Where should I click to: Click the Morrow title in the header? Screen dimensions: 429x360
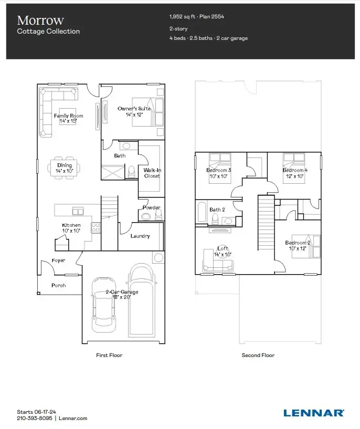[x=40, y=20]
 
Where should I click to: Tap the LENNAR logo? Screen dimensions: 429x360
[x=314, y=413]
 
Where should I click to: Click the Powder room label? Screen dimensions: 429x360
[x=151, y=207]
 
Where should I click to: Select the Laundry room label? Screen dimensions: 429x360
[x=140, y=236]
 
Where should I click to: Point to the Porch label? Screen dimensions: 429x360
[x=58, y=285]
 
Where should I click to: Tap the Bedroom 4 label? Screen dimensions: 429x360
[x=295, y=173]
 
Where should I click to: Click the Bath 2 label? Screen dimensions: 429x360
[x=217, y=210]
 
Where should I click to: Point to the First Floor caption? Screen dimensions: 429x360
[x=109, y=355]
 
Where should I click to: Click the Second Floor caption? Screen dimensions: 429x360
[x=258, y=355]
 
